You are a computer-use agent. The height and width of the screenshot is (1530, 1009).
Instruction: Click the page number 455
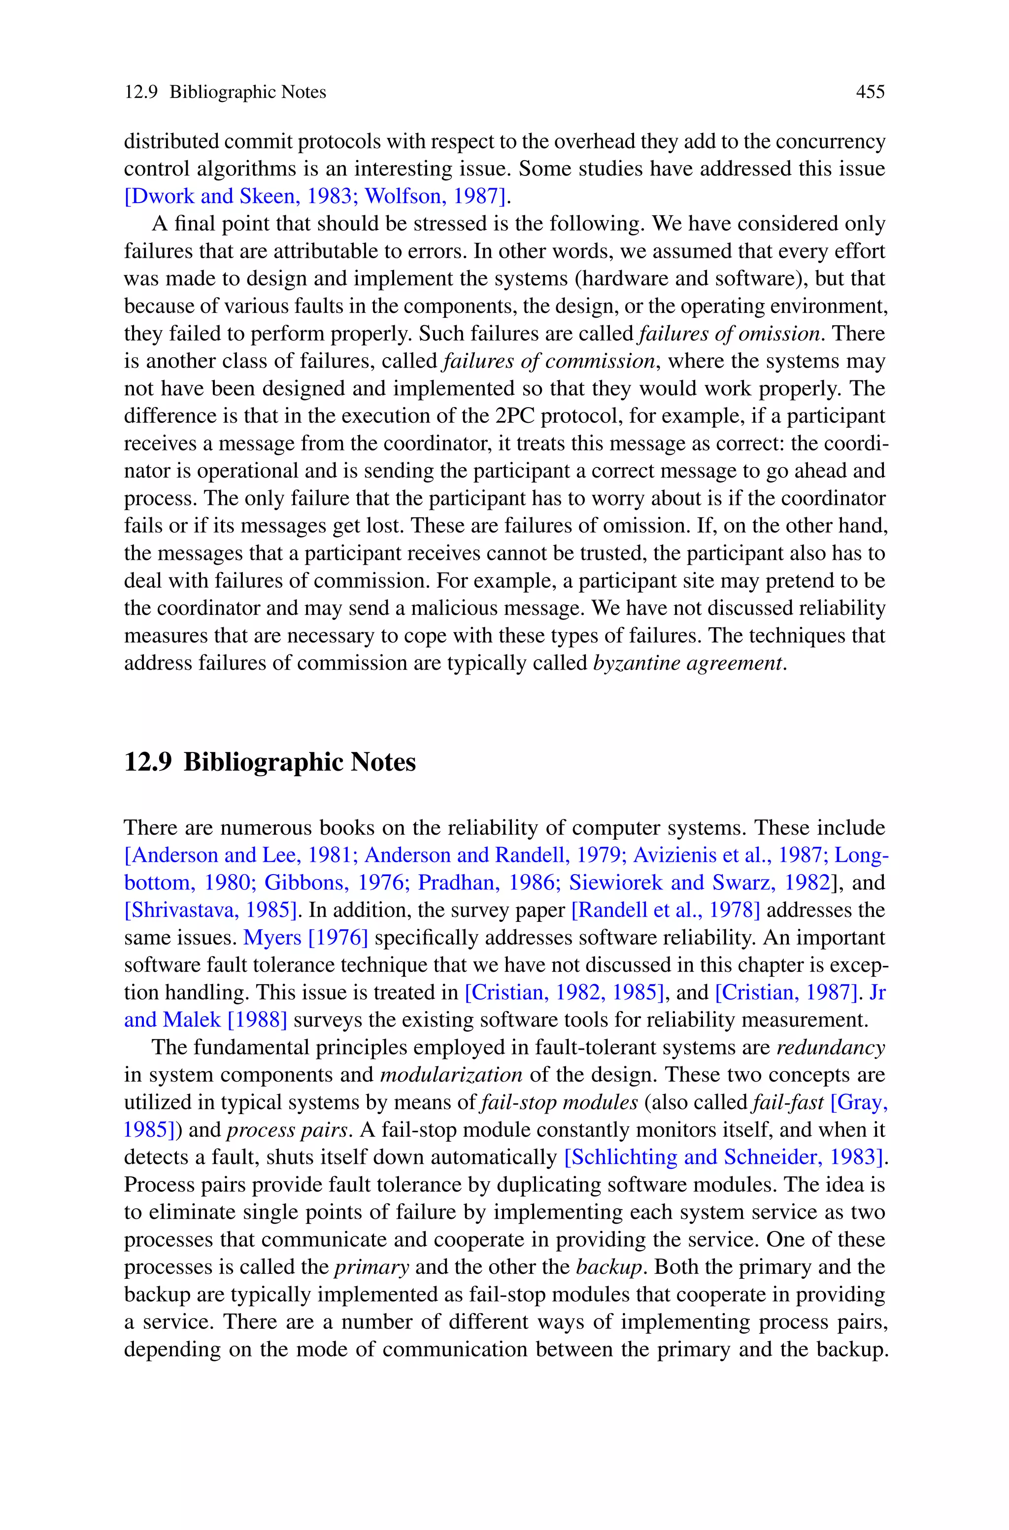870,93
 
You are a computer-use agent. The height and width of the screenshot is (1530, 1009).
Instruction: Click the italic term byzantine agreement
689,663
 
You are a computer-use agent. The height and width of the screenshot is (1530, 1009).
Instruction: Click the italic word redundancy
831,1048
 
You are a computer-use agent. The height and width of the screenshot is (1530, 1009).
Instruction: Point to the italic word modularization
451,1075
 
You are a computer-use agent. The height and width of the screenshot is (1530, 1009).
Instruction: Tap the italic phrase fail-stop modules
559,1103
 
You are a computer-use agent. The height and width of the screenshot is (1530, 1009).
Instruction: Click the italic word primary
371,1267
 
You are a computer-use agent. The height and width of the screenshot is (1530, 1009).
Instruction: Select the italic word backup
609,1267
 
